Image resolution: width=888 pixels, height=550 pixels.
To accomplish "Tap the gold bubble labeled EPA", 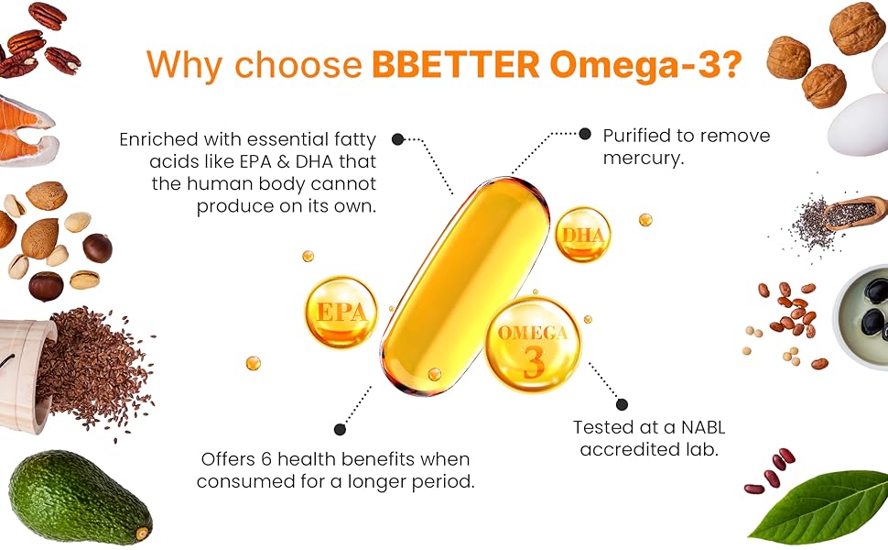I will coord(340,311).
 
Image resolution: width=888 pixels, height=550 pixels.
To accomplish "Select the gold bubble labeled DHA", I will coord(582,235).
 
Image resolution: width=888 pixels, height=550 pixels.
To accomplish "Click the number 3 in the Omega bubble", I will coord(534,362).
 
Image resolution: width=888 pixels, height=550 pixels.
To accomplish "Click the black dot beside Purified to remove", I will coord(585,134).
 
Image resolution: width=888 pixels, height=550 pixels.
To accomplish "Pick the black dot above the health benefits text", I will coord(340,428).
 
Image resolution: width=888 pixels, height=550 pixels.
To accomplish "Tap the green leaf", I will coord(817,506).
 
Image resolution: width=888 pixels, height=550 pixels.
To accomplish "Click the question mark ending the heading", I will coord(731,63).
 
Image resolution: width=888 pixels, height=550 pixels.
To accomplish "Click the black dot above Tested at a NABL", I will coord(623,403).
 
